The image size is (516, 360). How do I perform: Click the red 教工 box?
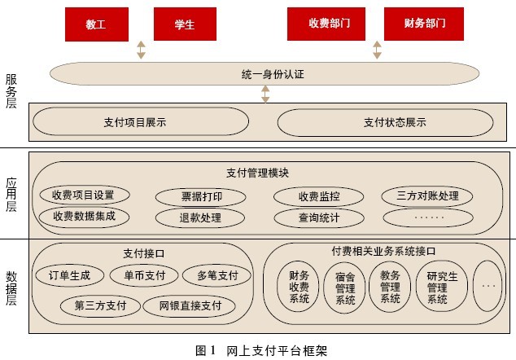95,24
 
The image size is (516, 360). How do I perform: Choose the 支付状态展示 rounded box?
385,122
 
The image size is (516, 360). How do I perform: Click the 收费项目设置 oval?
83,195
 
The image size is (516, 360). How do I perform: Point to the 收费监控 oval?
307,196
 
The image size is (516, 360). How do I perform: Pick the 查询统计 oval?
307,217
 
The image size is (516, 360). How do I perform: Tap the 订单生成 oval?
69,275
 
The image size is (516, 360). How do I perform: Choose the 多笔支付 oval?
211,275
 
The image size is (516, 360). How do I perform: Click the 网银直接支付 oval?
189,306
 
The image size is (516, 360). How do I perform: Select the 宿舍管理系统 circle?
345,288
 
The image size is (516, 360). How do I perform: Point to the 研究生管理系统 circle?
437,288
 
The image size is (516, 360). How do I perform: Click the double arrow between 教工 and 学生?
141,50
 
